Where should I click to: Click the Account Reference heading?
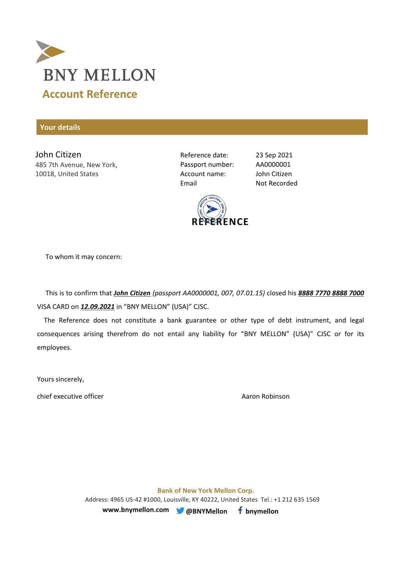(x=90, y=94)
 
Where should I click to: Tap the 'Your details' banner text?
(x=60, y=127)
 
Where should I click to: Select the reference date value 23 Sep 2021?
(x=274, y=155)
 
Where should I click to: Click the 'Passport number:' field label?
(x=207, y=165)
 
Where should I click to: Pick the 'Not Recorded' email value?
(x=276, y=183)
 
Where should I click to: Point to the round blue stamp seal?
(x=212, y=209)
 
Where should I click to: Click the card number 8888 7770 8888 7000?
(x=331, y=293)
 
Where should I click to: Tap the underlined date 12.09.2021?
(x=98, y=307)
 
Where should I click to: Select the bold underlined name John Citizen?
(x=132, y=293)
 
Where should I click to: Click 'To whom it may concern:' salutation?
(x=84, y=257)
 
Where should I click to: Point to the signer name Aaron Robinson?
(x=265, y=396)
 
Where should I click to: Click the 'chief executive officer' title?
(x=70, y=396)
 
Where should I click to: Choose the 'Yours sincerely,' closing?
(x=61, y=379)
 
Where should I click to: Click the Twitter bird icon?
(x=180, y=511)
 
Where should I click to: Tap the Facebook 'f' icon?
(x=240, y=510)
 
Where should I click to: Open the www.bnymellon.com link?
(x=136, y=510)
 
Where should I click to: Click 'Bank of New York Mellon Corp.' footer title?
(x=206, y=491)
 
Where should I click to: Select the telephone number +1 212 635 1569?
(x=296, y=499)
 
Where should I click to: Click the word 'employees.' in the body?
(x=54, y=347)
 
